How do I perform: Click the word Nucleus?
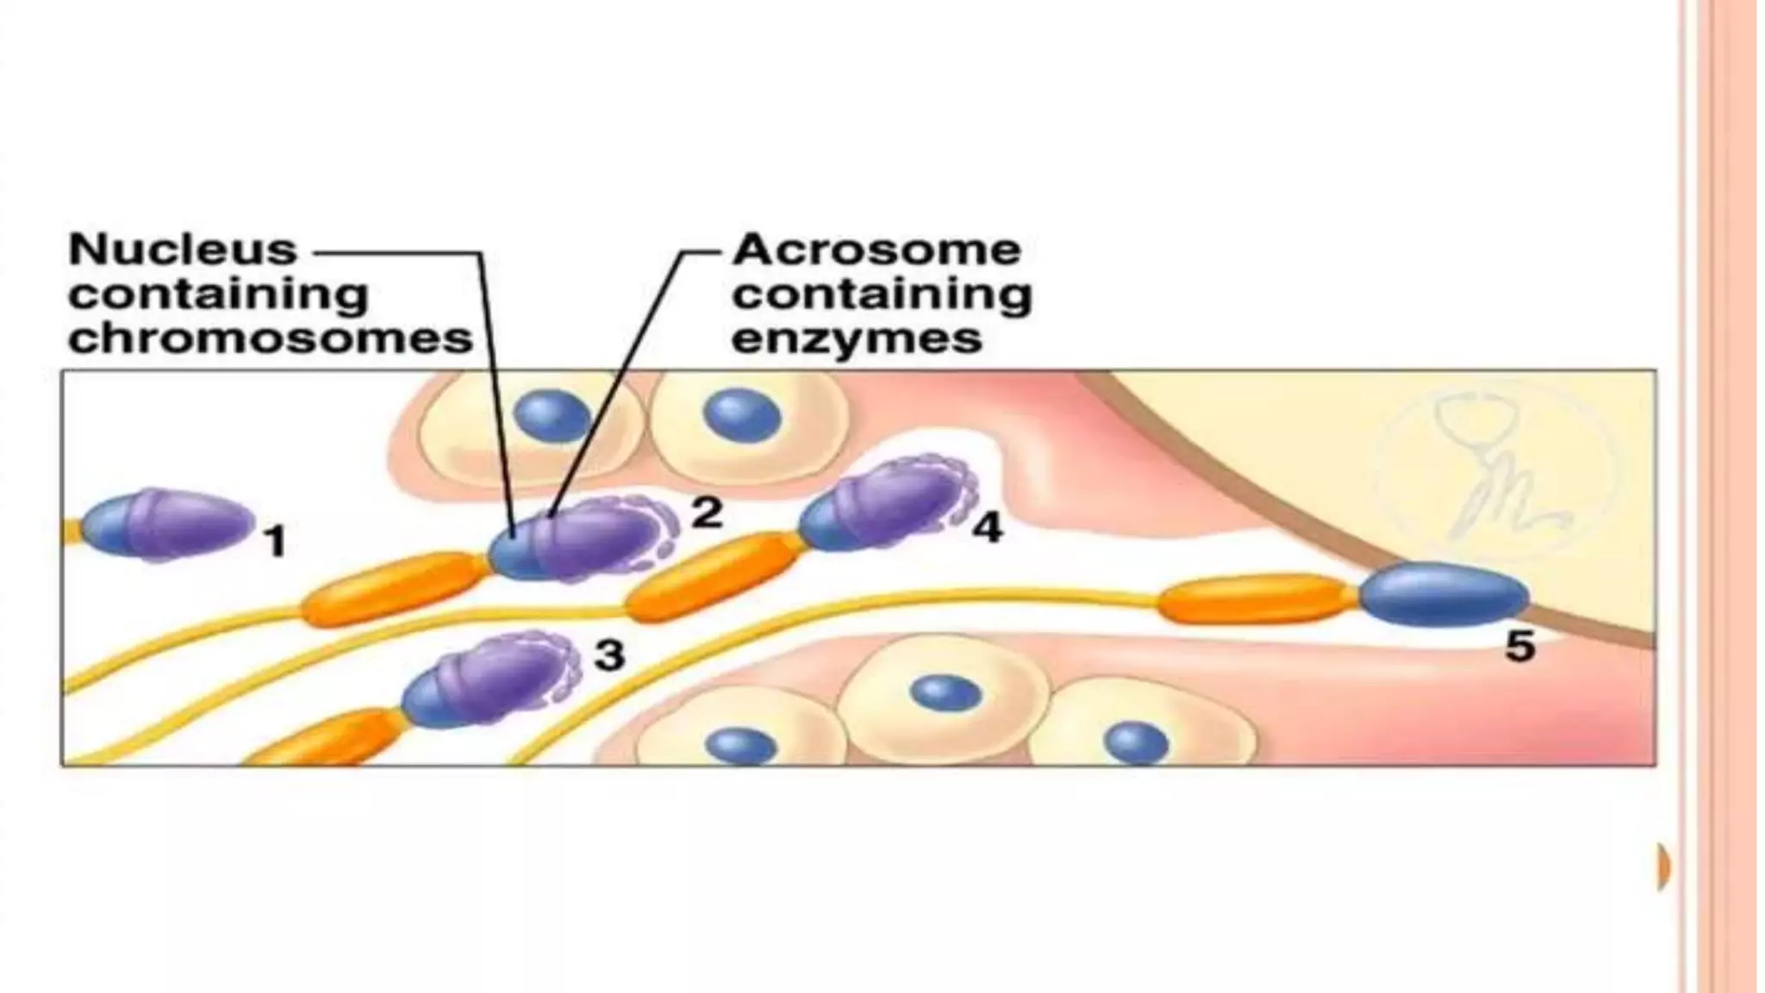click(183, 251)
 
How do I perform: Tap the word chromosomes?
click(271, 338)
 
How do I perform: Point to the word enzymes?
click(856, 338)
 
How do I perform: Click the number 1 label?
click(274, 543)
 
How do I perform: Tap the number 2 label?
click(707, 513)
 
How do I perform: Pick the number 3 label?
click(609, 655)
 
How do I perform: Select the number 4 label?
click(987, 527)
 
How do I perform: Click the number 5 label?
click(1519, 646)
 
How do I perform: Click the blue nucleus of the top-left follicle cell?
click(552, 416)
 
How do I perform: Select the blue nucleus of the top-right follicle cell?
click(742, 414)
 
